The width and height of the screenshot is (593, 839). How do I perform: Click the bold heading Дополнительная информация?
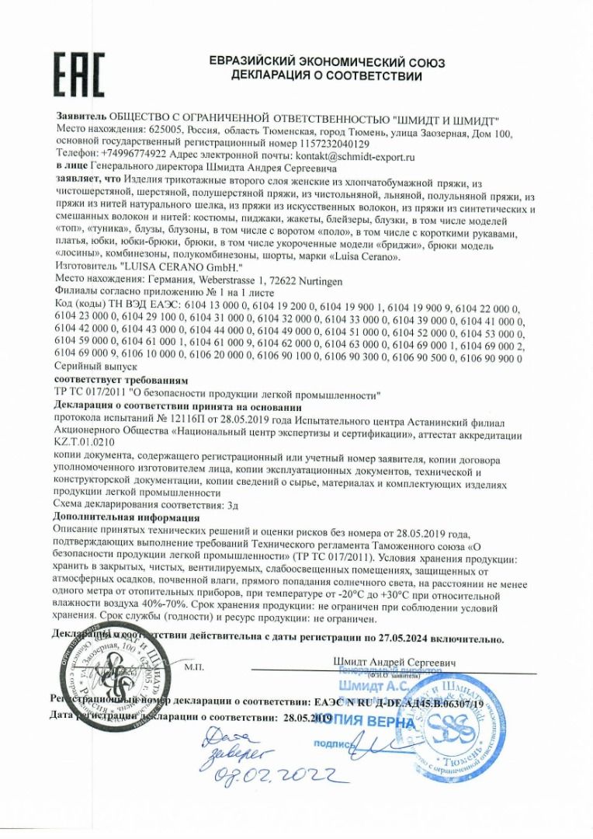(127, 517)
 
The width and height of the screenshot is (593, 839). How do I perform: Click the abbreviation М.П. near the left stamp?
(193, 667)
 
